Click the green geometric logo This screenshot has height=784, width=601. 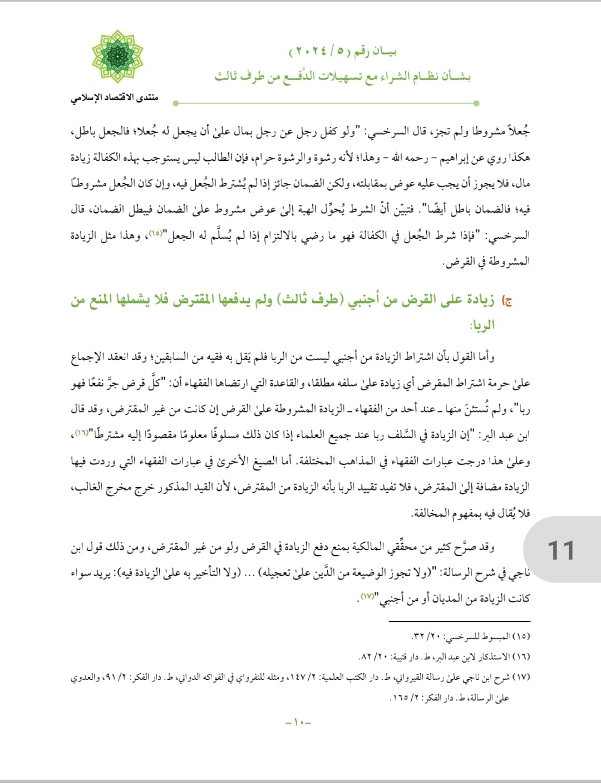(117, 57)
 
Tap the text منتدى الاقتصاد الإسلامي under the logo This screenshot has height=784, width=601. (114, 99)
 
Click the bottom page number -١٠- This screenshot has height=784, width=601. (298, 723)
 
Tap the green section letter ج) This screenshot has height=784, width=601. (506, 301)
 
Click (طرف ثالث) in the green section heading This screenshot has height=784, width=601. (312, 301)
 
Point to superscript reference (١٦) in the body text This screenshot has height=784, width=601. (81, 433)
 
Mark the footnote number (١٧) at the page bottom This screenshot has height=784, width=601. (521, 678)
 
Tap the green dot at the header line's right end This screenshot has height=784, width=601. (476, 103)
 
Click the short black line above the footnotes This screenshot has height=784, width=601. (459, 621)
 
